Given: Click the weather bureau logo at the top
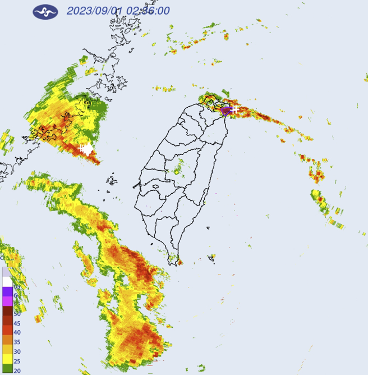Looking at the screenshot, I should click(45, 11).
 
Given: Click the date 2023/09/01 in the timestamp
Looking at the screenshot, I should click(93, 11).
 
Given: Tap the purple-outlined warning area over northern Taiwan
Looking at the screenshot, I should click(226, 111).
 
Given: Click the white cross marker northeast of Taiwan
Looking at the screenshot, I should click(234, 108).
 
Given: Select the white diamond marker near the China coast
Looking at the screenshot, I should click(86, 149).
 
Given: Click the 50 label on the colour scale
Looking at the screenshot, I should click(17, 313).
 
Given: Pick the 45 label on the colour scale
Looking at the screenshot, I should click(17, 323).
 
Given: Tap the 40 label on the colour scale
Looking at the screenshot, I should click(17, 332).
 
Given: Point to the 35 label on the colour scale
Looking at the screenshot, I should click(17, 342).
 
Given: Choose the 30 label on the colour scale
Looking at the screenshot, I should click(17, 351).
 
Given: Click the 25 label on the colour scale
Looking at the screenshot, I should click(17, 361).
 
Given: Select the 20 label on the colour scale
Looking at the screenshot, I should click(17, 371).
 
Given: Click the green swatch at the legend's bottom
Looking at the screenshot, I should click(7, 369).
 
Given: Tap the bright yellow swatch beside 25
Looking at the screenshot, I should click(7, 359).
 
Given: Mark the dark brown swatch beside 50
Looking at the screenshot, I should click(7, 311).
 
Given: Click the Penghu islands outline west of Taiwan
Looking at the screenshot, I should click(111, 181).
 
